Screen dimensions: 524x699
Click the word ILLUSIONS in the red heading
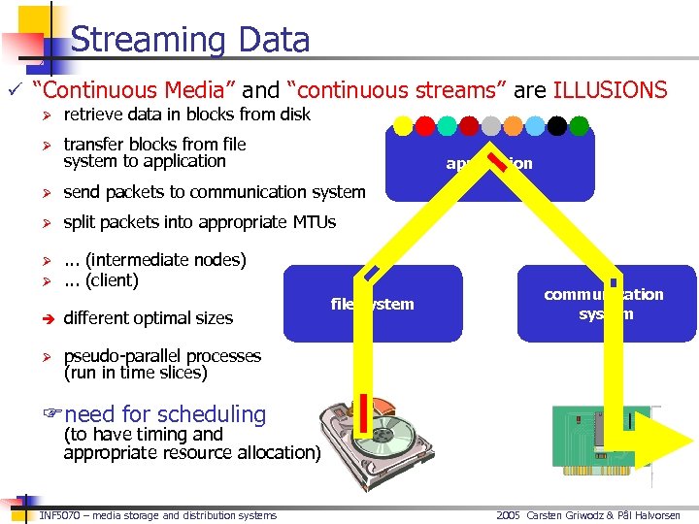pyautogui.click(x=610, y=91)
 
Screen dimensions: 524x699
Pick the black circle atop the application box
pyautogui.click(x=556, y=126)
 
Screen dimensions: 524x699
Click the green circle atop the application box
pyautogui.click(x=579, y=126)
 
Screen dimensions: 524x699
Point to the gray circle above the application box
pyautogui.click(x=491, y=126)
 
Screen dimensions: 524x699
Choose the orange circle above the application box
pyautogui.click(x=513, y=126)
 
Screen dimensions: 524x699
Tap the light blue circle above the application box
pyautogui.click(x=535, y=126)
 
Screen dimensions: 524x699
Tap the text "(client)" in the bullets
pyautogui.click(x=112, y=280)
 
